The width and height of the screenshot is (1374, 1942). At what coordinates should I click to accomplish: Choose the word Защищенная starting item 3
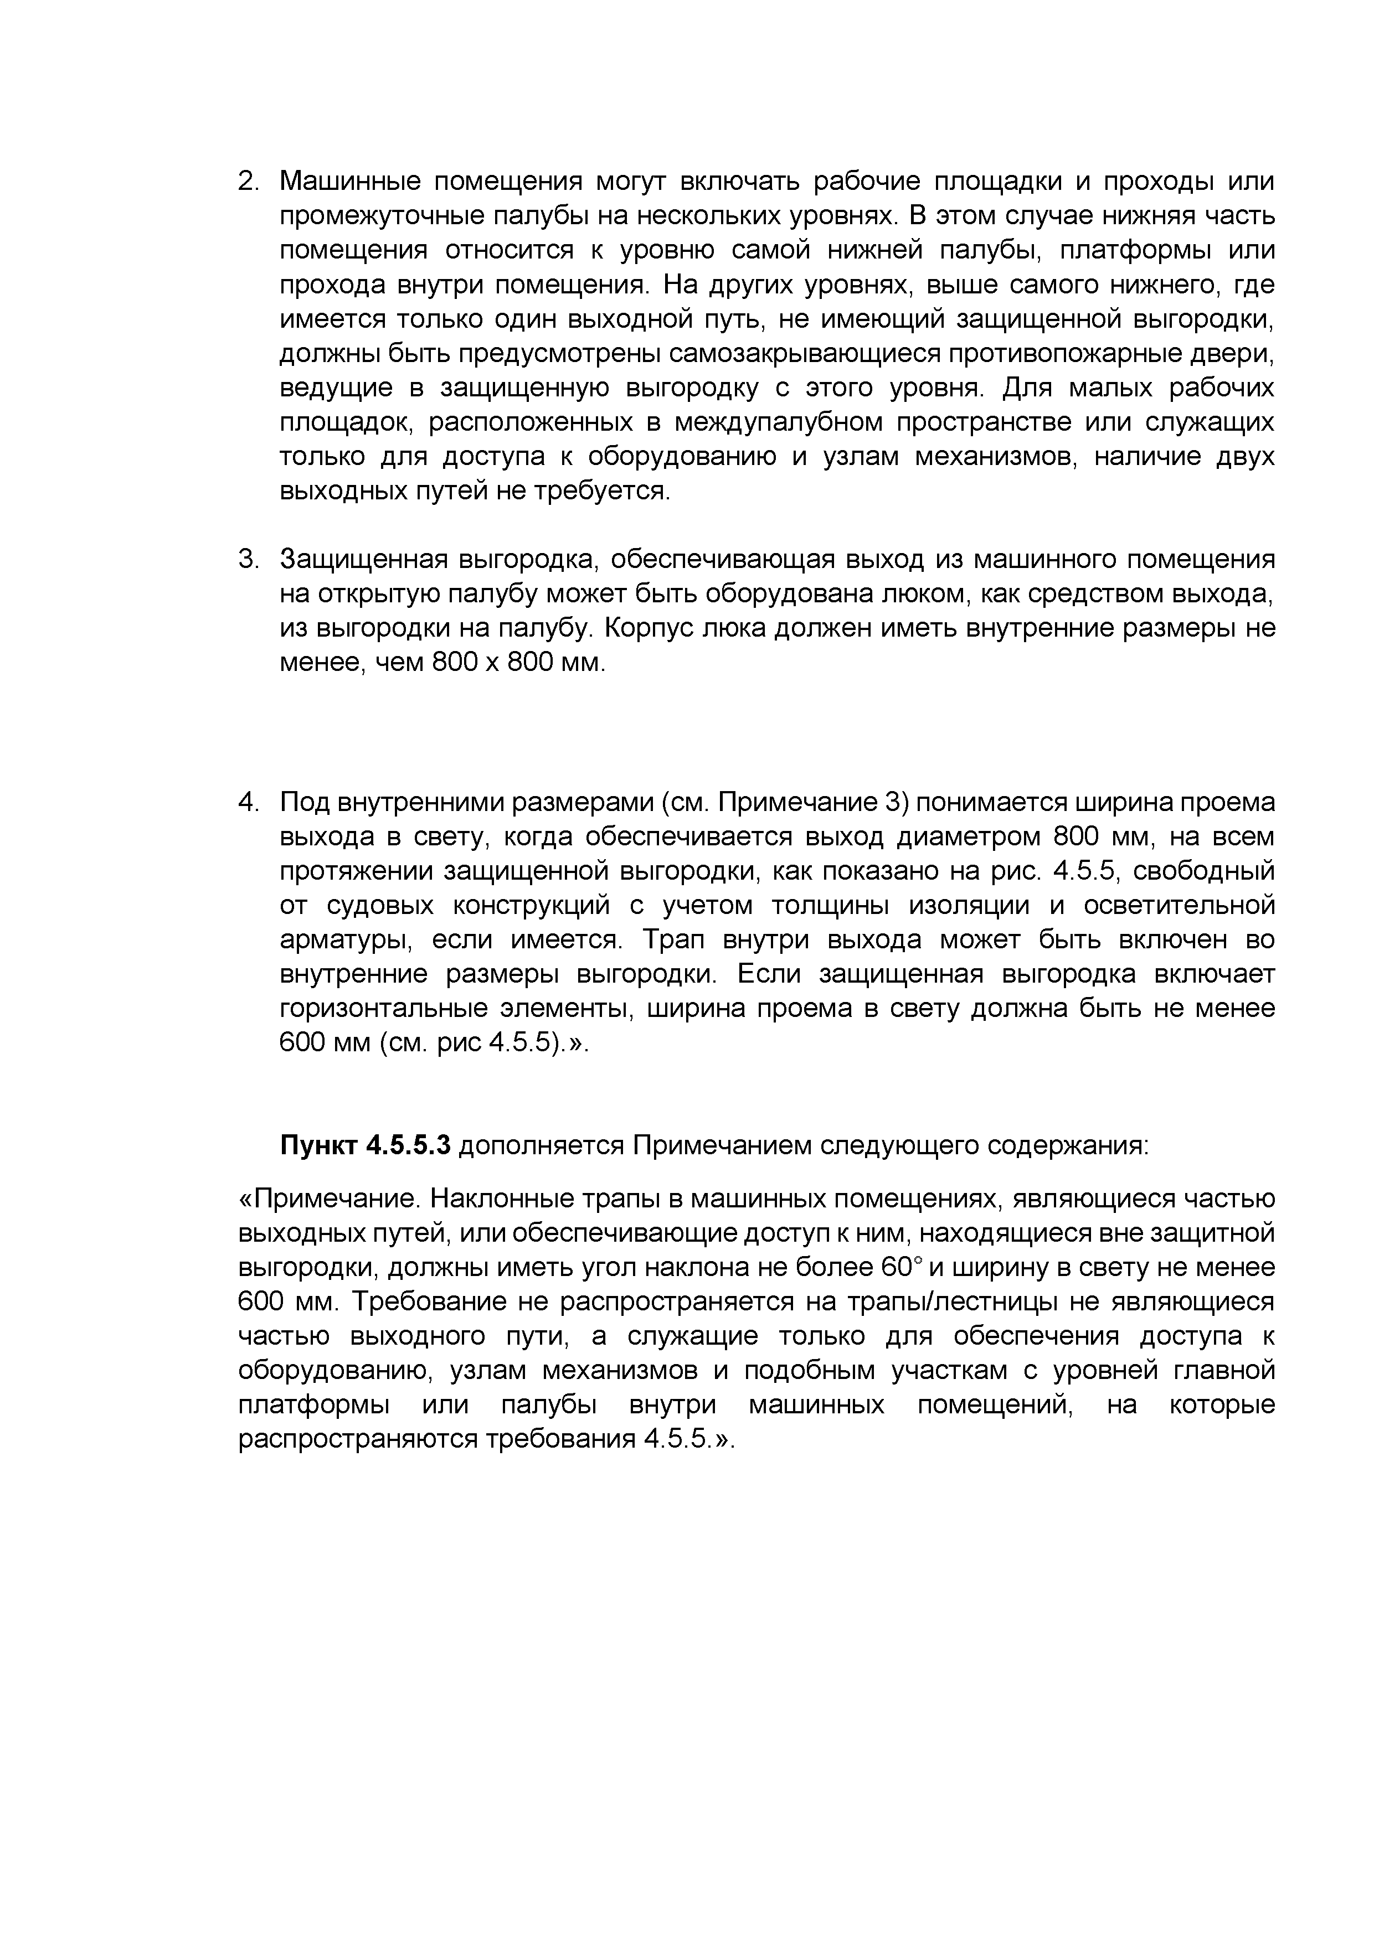(x=363, y=560)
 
